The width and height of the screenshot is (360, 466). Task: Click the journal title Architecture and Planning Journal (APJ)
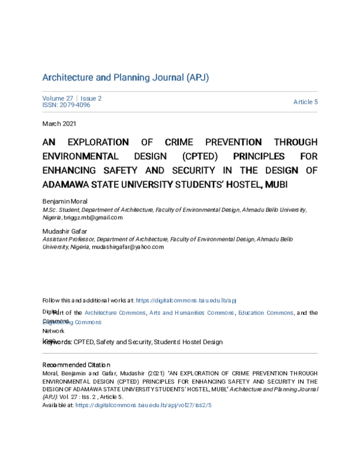click(x=125, y=77)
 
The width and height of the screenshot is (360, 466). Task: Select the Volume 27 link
click(x=58, y=98)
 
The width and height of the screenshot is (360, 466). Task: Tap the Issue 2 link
click(x=91, y=98)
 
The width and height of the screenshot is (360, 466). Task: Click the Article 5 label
click(x=305, y=102)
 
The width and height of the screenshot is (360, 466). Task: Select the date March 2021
click(x=59, y=124)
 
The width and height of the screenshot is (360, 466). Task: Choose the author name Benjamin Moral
click(x=65, y=201)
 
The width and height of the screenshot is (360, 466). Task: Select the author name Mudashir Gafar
click(x=65, y=231)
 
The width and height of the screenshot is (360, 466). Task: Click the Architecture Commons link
click(x=115, y=313)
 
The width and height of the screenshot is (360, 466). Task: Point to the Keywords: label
click(x=56, y=342)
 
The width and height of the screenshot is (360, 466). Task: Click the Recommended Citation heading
click(x=76, y=365)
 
